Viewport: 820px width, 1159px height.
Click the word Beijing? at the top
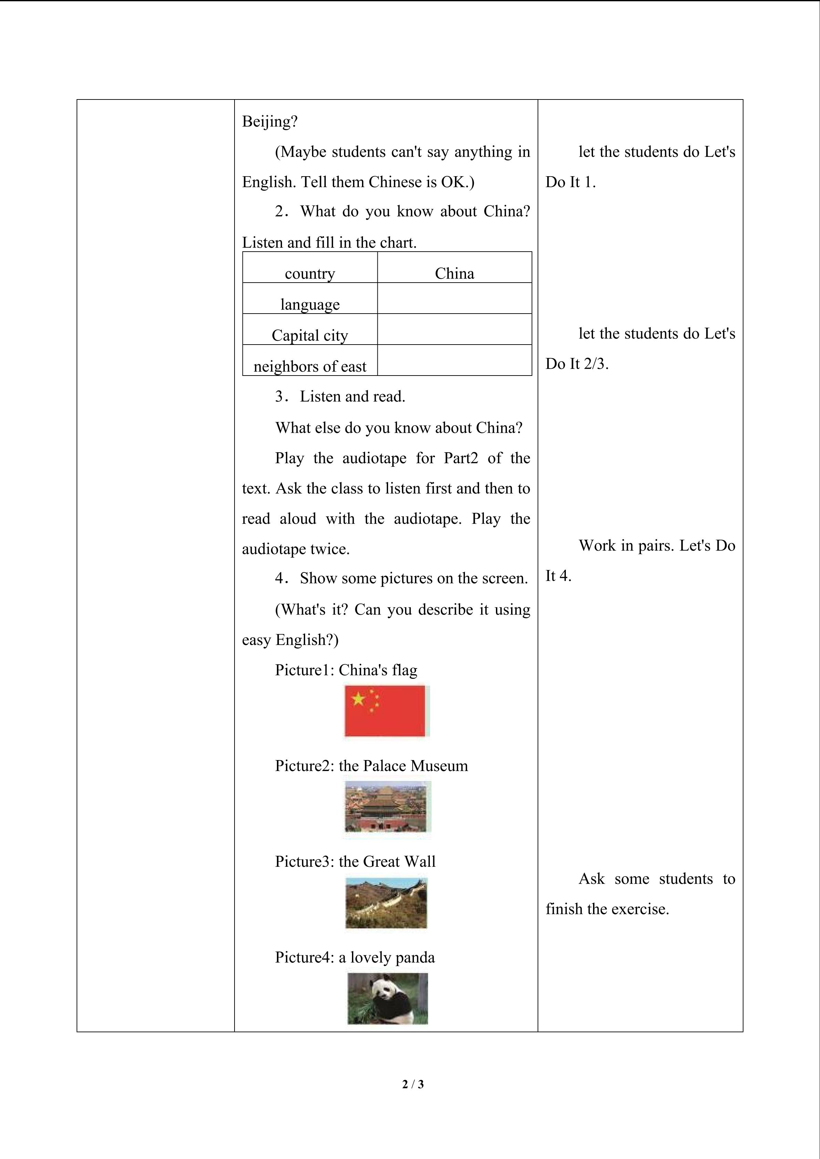(270, 122)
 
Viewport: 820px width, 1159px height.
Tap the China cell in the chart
(455, 273)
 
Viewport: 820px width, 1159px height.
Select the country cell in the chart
(310, 273)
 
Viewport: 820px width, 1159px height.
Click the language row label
(310, 304)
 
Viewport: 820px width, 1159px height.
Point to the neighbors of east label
(310, 366)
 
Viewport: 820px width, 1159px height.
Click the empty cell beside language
(455, 298)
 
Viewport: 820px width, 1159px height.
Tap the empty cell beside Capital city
(455, 329)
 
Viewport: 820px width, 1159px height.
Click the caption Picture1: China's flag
(346, 670)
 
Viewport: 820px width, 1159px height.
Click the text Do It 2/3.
(577, 363)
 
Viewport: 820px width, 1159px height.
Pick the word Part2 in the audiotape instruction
(460, 458)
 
